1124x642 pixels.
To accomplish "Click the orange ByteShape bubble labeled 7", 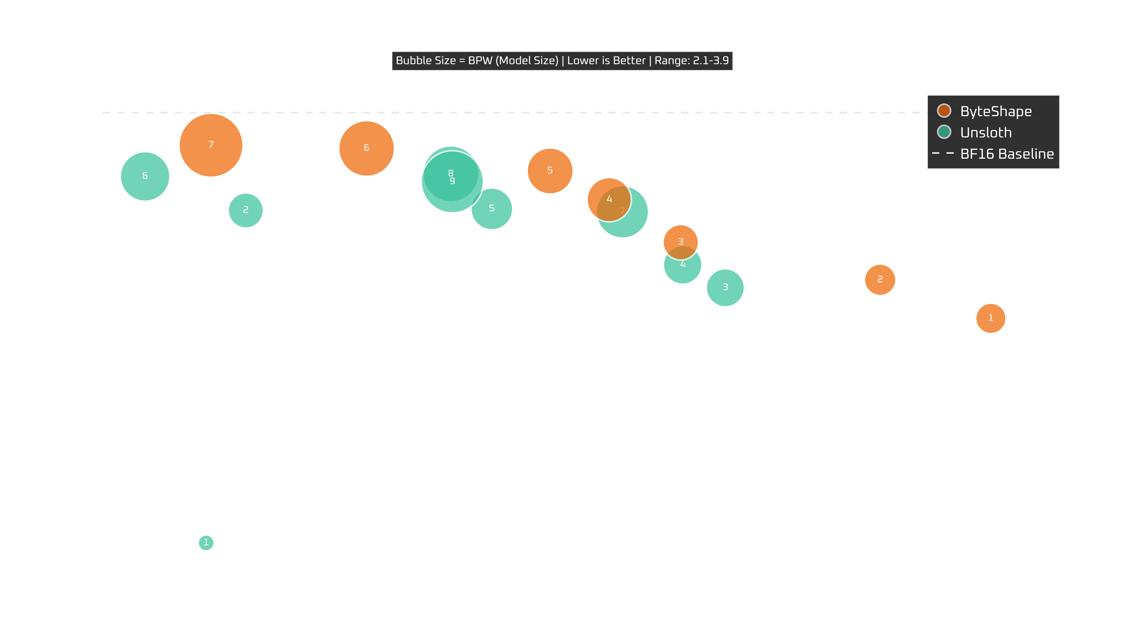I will point(211,145).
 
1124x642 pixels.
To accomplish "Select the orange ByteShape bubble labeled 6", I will point(366,148).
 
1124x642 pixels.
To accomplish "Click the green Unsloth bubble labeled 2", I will point(246,210).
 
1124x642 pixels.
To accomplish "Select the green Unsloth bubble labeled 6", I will point(145,176).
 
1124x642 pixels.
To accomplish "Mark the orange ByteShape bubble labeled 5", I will point(550,171).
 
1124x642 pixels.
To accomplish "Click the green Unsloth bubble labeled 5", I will point(491,209).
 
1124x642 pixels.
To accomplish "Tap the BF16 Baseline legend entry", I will point(1007,154).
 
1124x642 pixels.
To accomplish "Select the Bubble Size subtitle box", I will point(562,61).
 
